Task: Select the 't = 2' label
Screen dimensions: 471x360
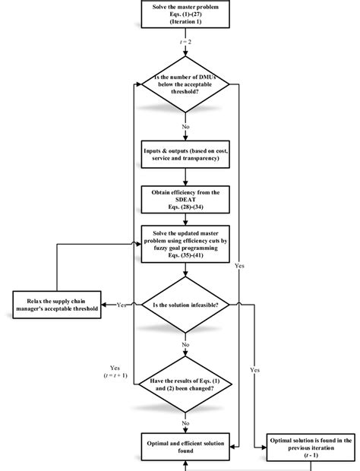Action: (185, 43)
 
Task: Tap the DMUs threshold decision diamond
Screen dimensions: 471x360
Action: (185, 84)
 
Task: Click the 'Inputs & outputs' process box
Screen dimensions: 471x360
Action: (185, 153)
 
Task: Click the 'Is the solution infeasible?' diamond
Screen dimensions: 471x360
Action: (185, 305)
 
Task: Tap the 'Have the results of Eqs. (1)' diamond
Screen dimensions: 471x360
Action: (185, 386)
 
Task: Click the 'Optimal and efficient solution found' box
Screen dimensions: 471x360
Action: (185, 444)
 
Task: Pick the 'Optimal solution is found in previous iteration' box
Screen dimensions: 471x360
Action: (311, 444)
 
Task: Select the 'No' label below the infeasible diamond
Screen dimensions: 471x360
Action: (185, 344)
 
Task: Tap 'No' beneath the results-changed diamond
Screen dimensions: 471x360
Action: (185, 422)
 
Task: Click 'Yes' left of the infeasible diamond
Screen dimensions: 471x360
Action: (121, 305)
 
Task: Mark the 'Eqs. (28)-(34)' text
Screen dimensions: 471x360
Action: (185, 207)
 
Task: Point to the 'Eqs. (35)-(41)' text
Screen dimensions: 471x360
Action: (185, 255)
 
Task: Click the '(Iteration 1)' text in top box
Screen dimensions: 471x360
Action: (185, 24)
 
